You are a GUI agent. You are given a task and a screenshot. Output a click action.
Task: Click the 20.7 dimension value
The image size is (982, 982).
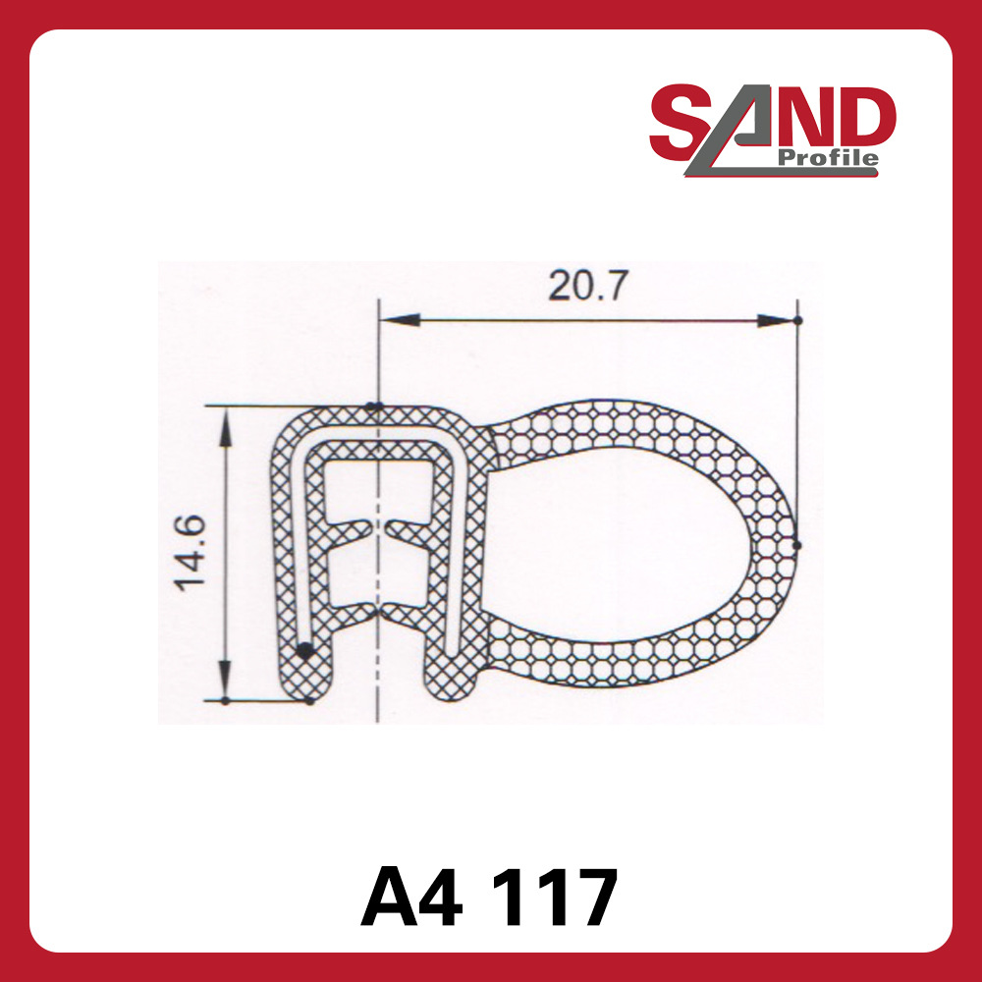tap(586, 287)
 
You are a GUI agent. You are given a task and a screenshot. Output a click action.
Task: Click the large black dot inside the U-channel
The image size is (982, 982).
tap(305, 649)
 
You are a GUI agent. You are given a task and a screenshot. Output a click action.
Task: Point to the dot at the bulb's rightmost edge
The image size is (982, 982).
tap(796, 544)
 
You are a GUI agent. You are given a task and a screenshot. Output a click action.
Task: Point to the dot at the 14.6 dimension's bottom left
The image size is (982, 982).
tap(225, 700)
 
